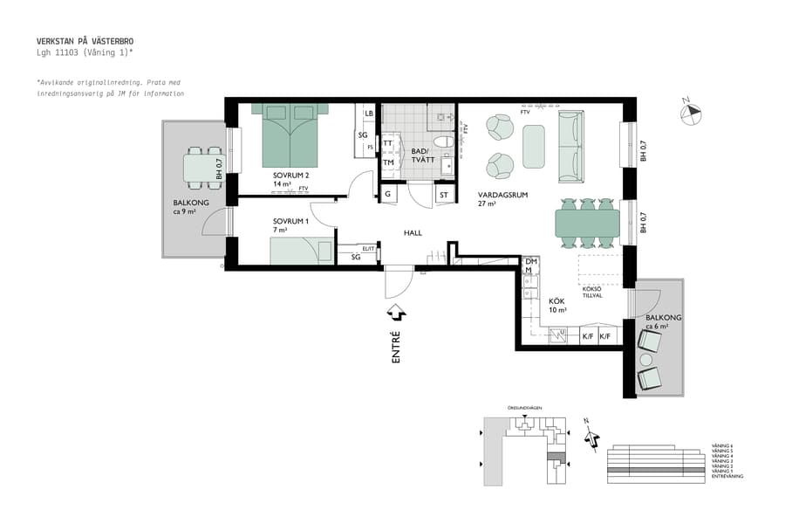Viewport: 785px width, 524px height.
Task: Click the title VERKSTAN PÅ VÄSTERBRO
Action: [85, 41]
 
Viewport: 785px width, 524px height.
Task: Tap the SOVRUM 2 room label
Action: [291, 176]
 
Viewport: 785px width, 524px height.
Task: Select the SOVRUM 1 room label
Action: [290, 221]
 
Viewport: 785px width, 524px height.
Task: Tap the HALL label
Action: [413, 232]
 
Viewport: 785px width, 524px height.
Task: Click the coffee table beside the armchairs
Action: [534, 146]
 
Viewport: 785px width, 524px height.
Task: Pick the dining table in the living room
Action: [588, 224]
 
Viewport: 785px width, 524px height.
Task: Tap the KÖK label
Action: [556, 300]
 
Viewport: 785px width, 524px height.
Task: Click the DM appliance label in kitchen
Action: [530, 261]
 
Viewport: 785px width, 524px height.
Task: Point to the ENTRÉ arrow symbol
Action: [395, 311]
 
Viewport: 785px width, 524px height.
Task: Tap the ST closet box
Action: [444, 195]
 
